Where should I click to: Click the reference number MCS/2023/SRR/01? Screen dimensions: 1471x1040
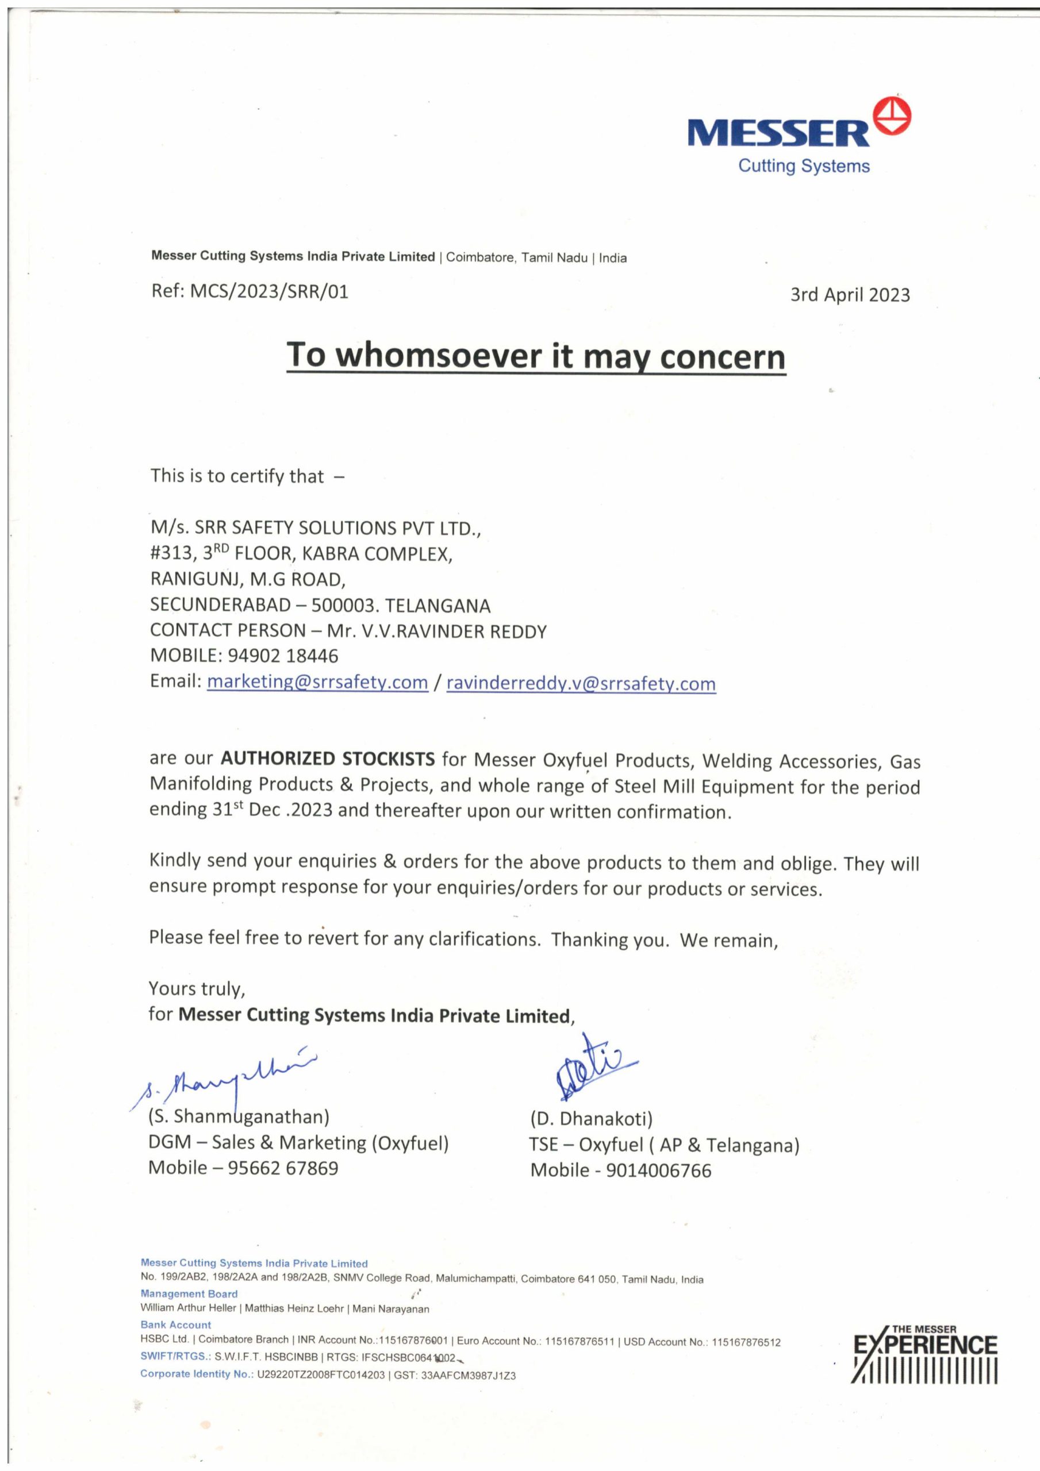[x=269, y=292]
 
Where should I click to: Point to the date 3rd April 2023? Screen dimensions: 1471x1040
[x=850, y=295]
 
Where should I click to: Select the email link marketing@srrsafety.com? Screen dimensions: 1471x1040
[x=317, y=682]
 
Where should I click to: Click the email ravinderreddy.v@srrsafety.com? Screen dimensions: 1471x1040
[x=581, y=684]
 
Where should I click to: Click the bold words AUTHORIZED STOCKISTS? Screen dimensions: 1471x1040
[x=328, y=759]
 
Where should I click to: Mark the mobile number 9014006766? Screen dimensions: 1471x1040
[x=658, y=1170]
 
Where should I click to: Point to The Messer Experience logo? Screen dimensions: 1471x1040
[x=924, y=1352]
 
